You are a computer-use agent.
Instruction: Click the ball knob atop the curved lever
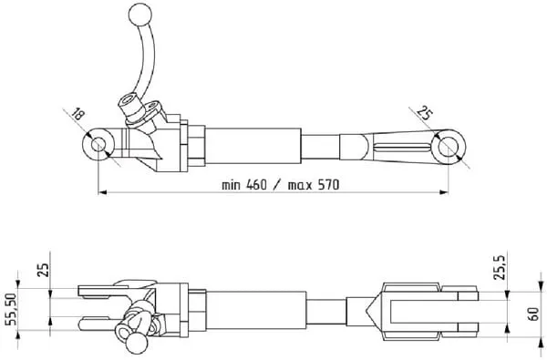140,15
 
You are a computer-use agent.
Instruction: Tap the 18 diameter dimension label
77,114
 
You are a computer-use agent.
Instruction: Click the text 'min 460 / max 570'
281,184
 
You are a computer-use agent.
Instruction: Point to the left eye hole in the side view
98,145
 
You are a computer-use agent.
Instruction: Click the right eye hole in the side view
449,147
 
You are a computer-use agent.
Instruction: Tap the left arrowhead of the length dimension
102,191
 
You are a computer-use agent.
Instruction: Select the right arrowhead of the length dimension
444,191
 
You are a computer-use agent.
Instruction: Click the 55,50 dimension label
12,309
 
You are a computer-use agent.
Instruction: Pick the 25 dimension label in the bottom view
44,269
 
